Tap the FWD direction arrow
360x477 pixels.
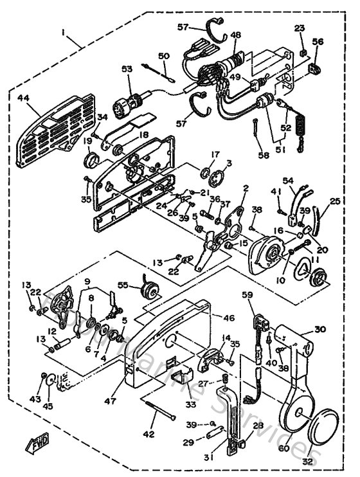point(38,444)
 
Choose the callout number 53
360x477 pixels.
point(126,68)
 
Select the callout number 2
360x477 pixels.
point(245,188)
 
